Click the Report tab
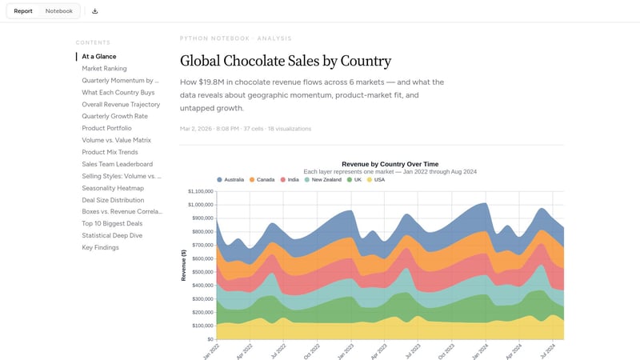[x=23, y=11]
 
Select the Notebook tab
[x=58, y=11]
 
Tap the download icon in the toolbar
[x=95, y=11]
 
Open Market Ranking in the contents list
[x=104, y=69]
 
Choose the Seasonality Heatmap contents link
[x=113, y=188]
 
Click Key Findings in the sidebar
[x=100, y=247]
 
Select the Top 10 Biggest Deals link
[x=113, y=223]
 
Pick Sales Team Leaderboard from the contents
[x=117, y=164]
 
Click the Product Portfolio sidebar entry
[x=106, y=128]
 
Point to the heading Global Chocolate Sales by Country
[x=285, y=61]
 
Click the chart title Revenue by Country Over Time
[x=390, y=164]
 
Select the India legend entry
[x=289, y=180]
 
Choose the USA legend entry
[x=375, y=180]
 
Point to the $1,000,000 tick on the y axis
[x=200, y=191]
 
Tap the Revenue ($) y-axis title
[x=183, y=264]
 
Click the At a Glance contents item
[x=98, y=57]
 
